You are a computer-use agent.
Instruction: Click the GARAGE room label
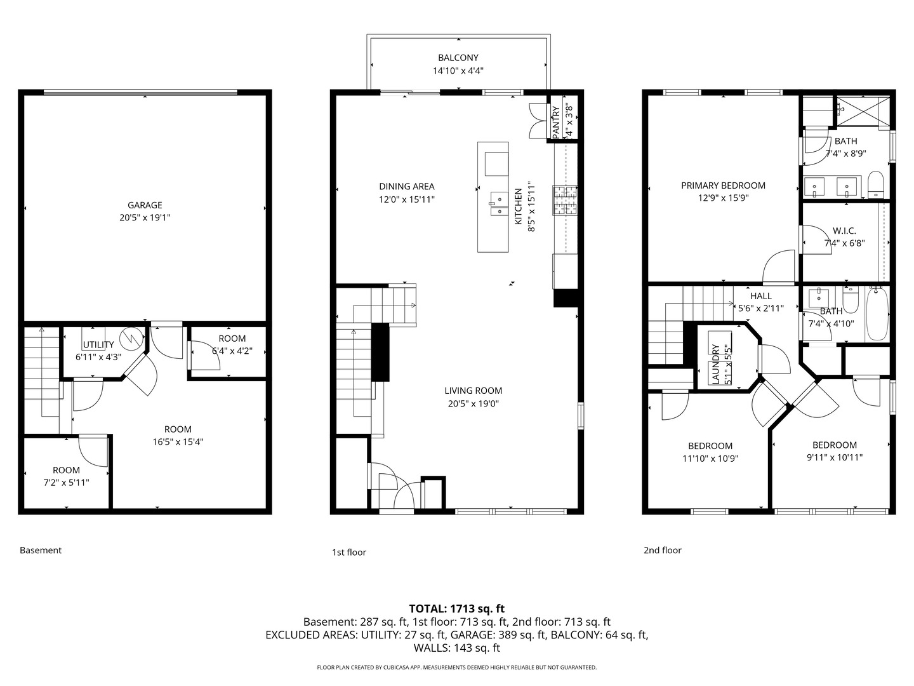click(145, 205)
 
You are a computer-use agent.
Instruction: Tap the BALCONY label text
click(458, 58)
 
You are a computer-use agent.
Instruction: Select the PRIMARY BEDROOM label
click(724, 185)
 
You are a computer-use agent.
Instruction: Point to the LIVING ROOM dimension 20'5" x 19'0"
click(474, 403)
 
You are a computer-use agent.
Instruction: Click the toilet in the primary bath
click(876, 184)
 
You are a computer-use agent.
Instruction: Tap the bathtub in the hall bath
click(877, 313)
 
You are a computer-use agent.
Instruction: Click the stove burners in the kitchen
click(565, 200)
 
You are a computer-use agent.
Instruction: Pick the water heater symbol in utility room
click(131, 339)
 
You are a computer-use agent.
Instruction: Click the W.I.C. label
click(844, 231)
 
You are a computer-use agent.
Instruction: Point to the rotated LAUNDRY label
click(716, 363)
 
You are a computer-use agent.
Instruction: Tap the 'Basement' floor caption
click(41, 550)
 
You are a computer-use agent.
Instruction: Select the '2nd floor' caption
click(663, 550)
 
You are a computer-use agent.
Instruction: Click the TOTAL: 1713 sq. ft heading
click(457, 609)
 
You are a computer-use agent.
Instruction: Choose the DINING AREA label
click(406, 187)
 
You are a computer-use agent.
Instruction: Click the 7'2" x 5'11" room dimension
click(67, 483)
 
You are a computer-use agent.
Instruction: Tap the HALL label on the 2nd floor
click(761, 296)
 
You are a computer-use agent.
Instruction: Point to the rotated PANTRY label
click(556, 122)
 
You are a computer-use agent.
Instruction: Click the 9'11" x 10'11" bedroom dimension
click(835, 457)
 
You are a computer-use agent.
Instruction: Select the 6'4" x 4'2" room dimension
click(232, 351)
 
